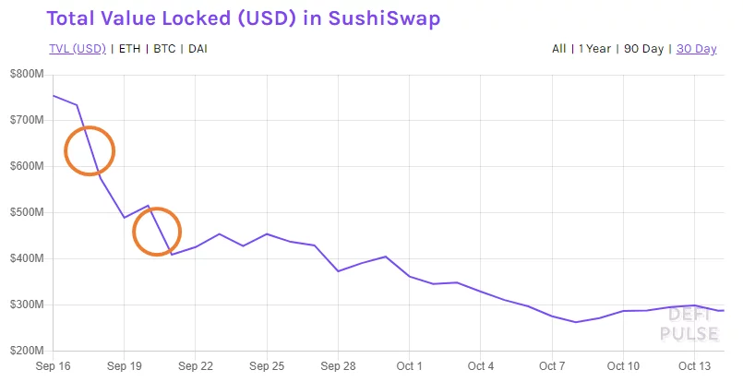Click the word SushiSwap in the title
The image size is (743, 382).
[x=388, y=18]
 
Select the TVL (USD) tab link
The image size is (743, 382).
[x=77, y=49]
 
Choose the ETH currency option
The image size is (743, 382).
[x=129, y=49]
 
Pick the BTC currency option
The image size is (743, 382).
[x=164, y=49]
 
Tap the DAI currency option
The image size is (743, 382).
[x=198, y=49]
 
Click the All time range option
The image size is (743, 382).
[x=558, y=49]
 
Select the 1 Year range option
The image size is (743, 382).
[x=594, y=49]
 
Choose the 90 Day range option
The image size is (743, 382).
[x=643, y=49]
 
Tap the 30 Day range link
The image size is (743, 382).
[x=696, y=49]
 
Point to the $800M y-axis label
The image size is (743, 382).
[x=25, y=74]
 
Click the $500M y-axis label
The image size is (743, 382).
[x=25, y=212]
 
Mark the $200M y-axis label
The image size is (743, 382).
[x=25, y=351]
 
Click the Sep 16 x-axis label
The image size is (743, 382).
[x=53, y=366]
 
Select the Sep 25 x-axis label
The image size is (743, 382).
[x=267, y=366]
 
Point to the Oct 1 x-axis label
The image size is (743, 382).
[x=409, y=366]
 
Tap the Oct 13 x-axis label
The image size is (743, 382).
[x=694, y=366]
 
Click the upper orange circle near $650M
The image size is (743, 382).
[x=90, y=150]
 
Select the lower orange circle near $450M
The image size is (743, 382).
[x=157, y=231]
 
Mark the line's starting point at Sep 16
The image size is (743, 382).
[x=53, y=95]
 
